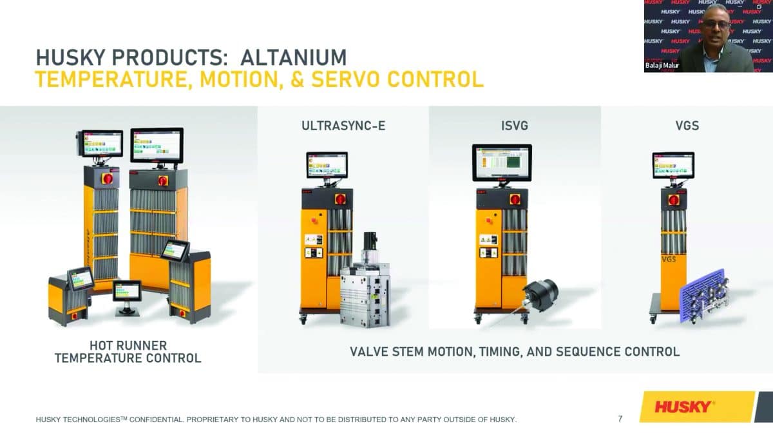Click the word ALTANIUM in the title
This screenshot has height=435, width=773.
293,57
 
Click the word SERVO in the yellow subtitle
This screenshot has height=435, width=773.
345,79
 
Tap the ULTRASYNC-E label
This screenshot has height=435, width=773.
343,126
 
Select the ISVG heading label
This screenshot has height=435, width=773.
515,126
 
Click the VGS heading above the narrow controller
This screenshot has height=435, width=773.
687,126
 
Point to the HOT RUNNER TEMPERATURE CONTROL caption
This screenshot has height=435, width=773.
128,352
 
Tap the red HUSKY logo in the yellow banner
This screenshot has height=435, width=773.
683,407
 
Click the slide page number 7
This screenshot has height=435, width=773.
620,419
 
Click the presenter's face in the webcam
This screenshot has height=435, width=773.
718,25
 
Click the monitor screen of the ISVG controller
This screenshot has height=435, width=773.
502,162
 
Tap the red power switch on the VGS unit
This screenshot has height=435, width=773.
674,200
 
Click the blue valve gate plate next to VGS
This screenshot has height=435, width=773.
704,296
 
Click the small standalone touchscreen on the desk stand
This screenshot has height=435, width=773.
127,291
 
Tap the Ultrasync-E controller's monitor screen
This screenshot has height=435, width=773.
327,165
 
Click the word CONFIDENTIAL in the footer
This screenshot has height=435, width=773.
157,420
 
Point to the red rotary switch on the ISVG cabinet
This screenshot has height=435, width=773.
515,199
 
